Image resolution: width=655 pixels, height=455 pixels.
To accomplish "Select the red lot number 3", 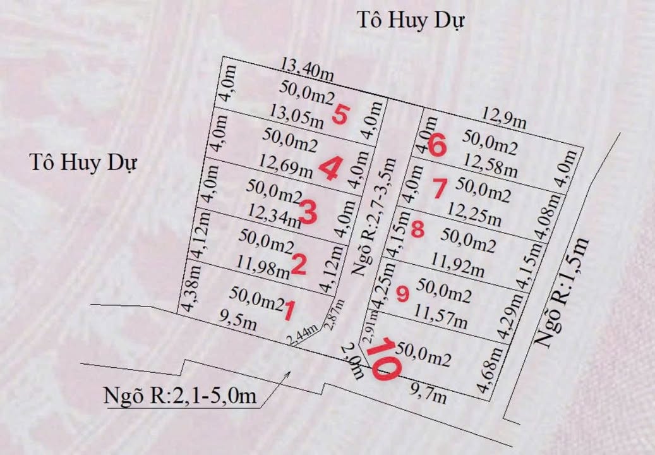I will [308, 212].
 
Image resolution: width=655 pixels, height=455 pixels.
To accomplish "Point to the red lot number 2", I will [298, 265].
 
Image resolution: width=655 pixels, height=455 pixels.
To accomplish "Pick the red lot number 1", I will [290, 310].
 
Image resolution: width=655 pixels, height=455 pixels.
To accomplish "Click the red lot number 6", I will [436, 146].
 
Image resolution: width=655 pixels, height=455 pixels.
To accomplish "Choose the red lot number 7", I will [440, 188].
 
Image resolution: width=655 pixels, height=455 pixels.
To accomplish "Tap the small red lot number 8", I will [417, 229].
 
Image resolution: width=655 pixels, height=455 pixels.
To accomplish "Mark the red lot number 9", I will [403, 294].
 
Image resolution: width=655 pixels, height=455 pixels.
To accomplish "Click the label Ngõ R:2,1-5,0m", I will [180, 396].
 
